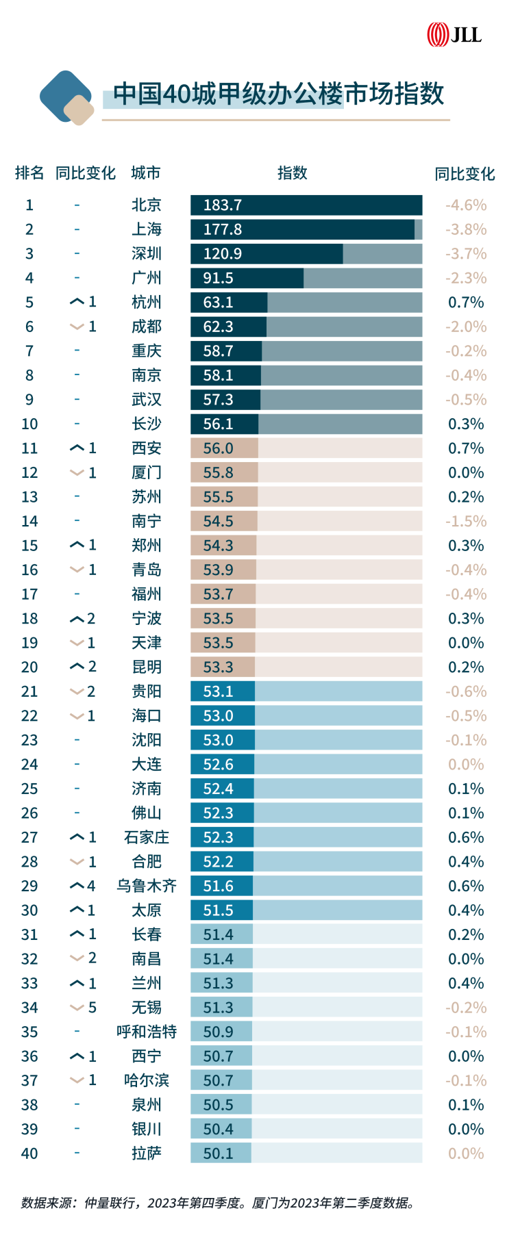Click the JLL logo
454,34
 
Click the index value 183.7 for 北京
222,205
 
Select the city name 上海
147,229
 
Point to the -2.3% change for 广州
466,278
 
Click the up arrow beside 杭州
77,302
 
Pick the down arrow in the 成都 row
77,327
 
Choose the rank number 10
29,424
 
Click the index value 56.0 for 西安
218,448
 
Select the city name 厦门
147,472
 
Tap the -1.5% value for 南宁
466,521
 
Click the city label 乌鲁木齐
147,886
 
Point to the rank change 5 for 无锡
92,1008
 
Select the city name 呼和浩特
147,1032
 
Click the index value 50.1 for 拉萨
218,1153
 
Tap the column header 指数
293,173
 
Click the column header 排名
29,173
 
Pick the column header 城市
146,173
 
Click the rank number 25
29,789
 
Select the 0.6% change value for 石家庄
466,837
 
